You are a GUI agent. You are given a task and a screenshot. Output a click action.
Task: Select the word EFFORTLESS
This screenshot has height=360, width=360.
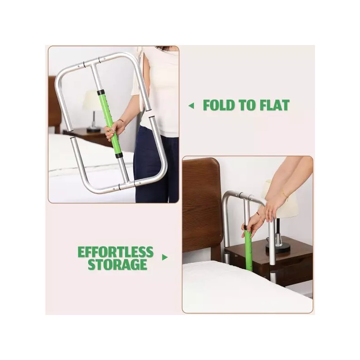116,252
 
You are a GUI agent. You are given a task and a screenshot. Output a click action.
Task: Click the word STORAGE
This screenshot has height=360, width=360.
117,264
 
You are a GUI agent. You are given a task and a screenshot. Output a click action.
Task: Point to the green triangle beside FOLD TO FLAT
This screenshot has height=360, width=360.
191,106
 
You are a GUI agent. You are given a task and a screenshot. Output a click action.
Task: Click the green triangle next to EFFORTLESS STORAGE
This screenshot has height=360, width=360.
165,257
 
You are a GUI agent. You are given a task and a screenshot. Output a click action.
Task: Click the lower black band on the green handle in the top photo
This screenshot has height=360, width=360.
118,156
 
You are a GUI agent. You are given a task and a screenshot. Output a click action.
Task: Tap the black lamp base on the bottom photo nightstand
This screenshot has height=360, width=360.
278,248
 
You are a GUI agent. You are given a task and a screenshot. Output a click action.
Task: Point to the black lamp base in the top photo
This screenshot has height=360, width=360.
94,130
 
